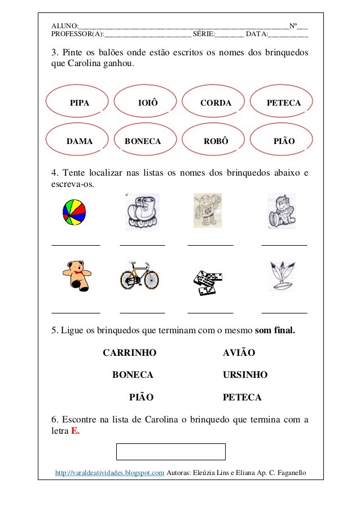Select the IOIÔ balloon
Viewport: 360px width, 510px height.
[x=148, y=103]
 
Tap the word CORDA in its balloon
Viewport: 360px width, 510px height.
[x=216, y=103]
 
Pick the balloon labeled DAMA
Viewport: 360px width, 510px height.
[x=79, y=141]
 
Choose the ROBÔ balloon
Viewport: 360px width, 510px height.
[x=216, y=141]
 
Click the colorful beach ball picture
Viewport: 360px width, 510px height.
[x=74, y=212]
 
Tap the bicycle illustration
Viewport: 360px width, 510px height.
[x=139, y=276]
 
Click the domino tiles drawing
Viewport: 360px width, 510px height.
[x=207, y=281]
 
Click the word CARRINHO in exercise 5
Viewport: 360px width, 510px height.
[x=129, y=353]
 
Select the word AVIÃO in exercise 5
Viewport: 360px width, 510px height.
[x=239, y=353]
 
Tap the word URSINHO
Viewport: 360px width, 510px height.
[x=245, y=375]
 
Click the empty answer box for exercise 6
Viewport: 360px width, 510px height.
[x=170, y=452]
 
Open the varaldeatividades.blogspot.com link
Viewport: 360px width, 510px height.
[x=109, y=472]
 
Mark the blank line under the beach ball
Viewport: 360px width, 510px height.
[x=76, y=245]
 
